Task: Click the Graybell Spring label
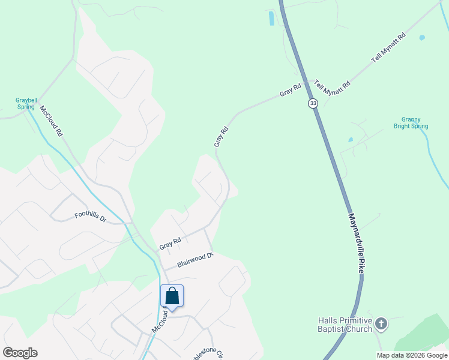point(25,103)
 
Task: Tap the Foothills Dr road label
point(90,217)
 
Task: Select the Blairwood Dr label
point(195,260)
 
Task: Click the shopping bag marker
point(172,296)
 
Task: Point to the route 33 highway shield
point(313,103)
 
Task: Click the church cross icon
point(381,325)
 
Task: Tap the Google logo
point(20,353)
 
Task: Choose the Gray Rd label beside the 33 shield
point(290,91)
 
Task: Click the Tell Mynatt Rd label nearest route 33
point(332,89)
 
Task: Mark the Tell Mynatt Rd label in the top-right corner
point(389,48)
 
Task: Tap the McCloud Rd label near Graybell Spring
point(52,122)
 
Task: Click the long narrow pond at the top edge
point(271,19)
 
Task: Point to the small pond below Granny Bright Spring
point(350,140)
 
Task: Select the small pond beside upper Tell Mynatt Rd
point(422,38)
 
